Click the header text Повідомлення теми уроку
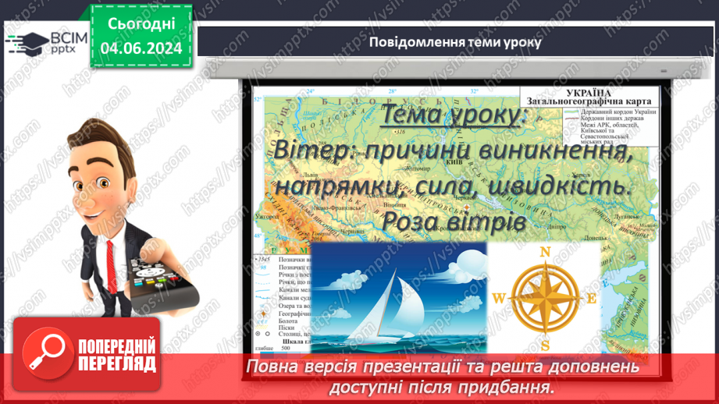[x=455, y=41]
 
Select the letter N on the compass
[x=546, y=251]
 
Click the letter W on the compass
[x=500, y=297]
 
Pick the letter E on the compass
[x=592, y=297]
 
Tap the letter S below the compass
[x=546, y=346]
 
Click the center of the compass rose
[x=546, y=297]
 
